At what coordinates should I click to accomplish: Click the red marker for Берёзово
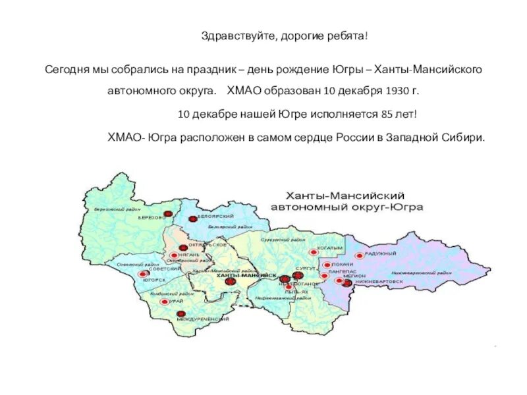pos(167,214)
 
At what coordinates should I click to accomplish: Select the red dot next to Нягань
pos(173,255)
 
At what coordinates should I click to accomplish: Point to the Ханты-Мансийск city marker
pos(230,281)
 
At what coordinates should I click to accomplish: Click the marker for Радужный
pos(359,255)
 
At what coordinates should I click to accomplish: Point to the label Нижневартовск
pos(378,281)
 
